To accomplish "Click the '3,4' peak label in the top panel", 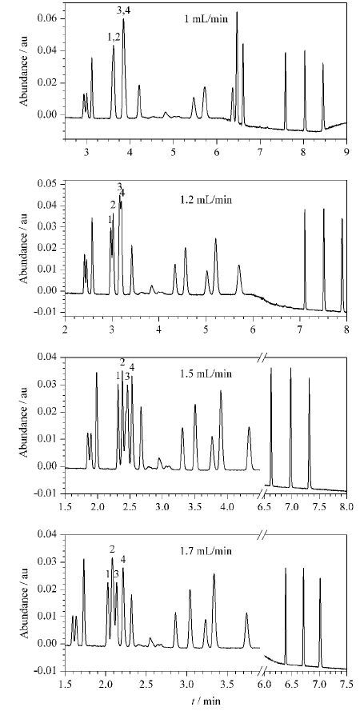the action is pos(124,12).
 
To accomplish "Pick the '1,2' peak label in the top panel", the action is pos(114,38).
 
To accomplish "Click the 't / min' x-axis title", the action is pos(206,701).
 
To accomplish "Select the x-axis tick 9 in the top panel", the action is pos(347,153).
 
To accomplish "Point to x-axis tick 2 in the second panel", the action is pos(66,329).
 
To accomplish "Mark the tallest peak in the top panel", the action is pos(237,13).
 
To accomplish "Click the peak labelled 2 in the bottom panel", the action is pos(113,558).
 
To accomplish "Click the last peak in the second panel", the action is pos(342,219).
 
